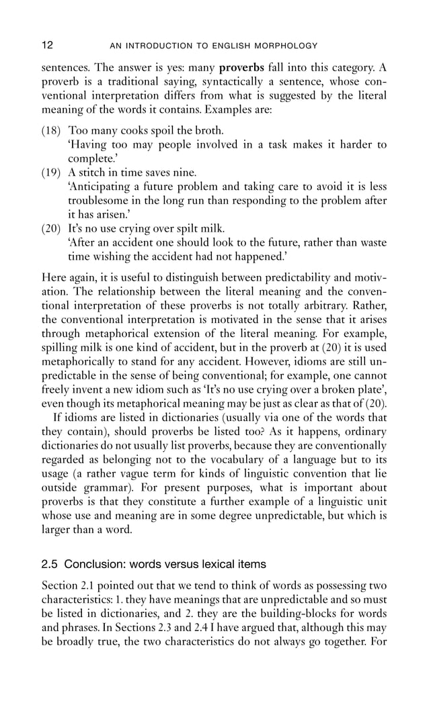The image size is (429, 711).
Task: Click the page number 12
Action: [x=47, y=46]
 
